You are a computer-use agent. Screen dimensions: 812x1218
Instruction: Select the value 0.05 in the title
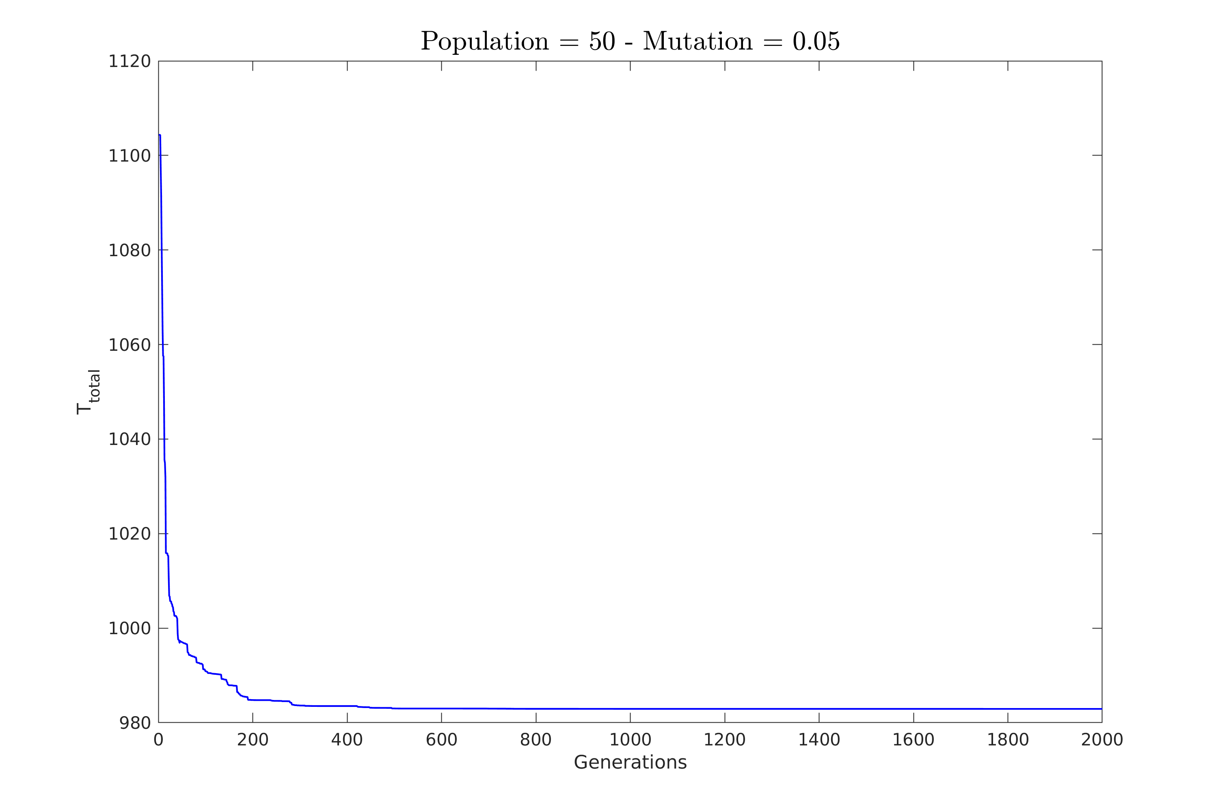(x=816, y=41)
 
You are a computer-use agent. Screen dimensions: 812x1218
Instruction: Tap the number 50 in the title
(x=602, y=41)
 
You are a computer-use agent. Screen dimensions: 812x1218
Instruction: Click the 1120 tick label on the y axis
(x=129, y=62)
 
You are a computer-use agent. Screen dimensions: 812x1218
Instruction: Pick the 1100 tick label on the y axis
(x=129, y=156)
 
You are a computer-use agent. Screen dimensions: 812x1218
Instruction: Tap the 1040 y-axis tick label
(x=129, y=439)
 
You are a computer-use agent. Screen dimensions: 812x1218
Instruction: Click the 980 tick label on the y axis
(x=135, y=723)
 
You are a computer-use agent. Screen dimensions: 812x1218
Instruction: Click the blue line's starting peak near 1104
(x=160, y=135)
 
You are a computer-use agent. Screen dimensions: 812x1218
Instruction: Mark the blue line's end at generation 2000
(x=1101, y=708)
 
